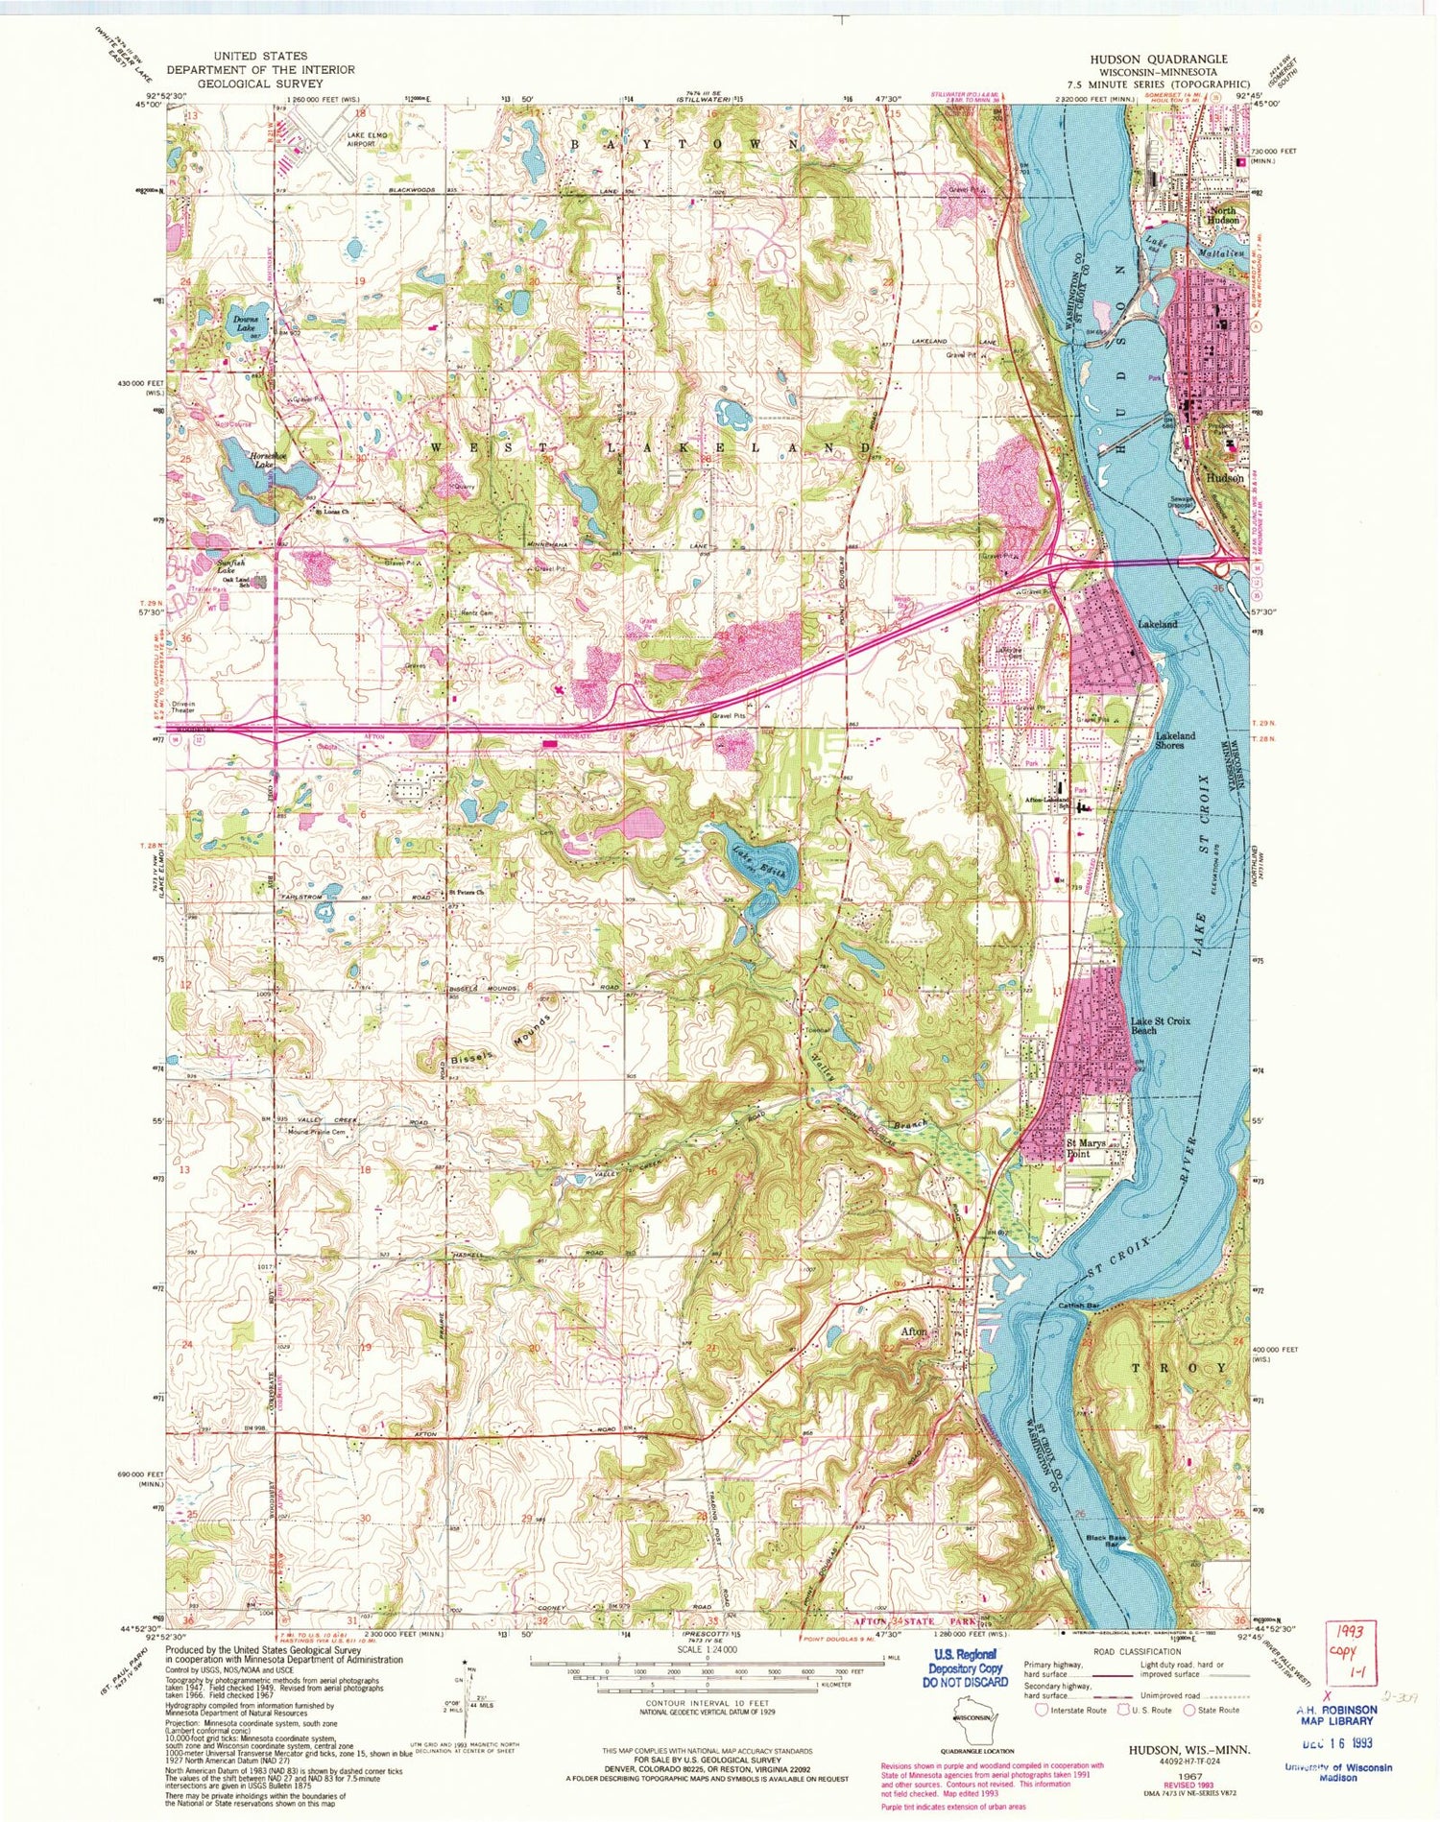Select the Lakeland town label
(x=1157, y=624)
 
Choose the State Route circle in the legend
(x=1191, y=1710)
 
